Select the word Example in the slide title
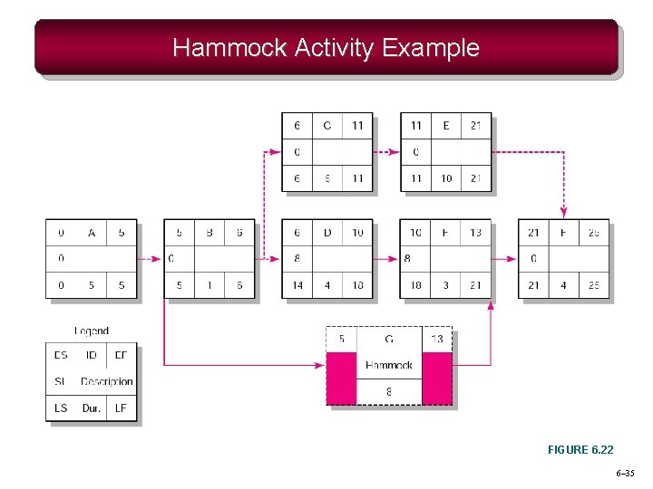click(431, 48)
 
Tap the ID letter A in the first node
click(92, 233)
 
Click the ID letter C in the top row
click(327, 126)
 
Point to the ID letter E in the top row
click(445, 126)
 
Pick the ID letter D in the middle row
click(327, 233)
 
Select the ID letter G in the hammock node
click(389, 340)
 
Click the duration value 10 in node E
click(445, 178)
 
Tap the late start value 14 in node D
click(297, 285)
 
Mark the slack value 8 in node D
click(297, 259)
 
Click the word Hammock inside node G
click(389, 365)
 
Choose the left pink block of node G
click(342, 379)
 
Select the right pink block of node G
click(437, 379)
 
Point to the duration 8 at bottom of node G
click(389, 392)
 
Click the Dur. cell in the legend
click(92, 408)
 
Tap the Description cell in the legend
click(106, 382)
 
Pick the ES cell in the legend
click(61, 355)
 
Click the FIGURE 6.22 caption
click(580, 450)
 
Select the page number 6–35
click(625, 474)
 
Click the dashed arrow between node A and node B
click(151, 259)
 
